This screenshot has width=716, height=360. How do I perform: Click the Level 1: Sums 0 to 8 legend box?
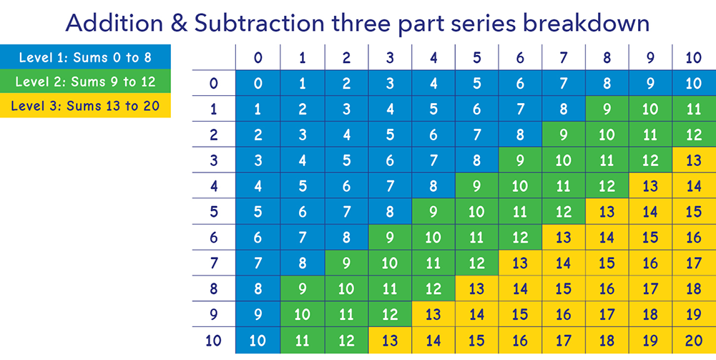coord(85,57)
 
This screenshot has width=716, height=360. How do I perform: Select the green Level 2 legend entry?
coord(85,82)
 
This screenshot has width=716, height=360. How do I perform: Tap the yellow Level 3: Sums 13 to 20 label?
coord(85,105)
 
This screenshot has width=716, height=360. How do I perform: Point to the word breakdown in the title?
coord(586,24)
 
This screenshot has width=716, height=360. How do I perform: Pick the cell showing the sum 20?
coord(694,341)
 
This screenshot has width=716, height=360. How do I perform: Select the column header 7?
coord(564,58)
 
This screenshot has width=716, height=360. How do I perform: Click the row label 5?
coord(214,212)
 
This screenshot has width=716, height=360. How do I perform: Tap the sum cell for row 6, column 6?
coord(520,237)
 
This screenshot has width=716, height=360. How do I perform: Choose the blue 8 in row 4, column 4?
coord(433,186)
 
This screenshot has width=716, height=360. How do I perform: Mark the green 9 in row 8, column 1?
coord(302,288)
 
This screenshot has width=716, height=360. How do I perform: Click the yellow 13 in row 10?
coord(389,341)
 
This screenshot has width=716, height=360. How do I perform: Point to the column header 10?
coord(694,58)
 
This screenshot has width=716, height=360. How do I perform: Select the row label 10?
coord(214,341)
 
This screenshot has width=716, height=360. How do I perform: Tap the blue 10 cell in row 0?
coord(694,83)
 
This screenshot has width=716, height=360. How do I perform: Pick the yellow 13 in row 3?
coord(694,160)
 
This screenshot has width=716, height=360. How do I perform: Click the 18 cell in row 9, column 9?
coord(650,314)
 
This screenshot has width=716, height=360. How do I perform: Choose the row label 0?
coord(214,83)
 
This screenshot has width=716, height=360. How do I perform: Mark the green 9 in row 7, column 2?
coord(345,263)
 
